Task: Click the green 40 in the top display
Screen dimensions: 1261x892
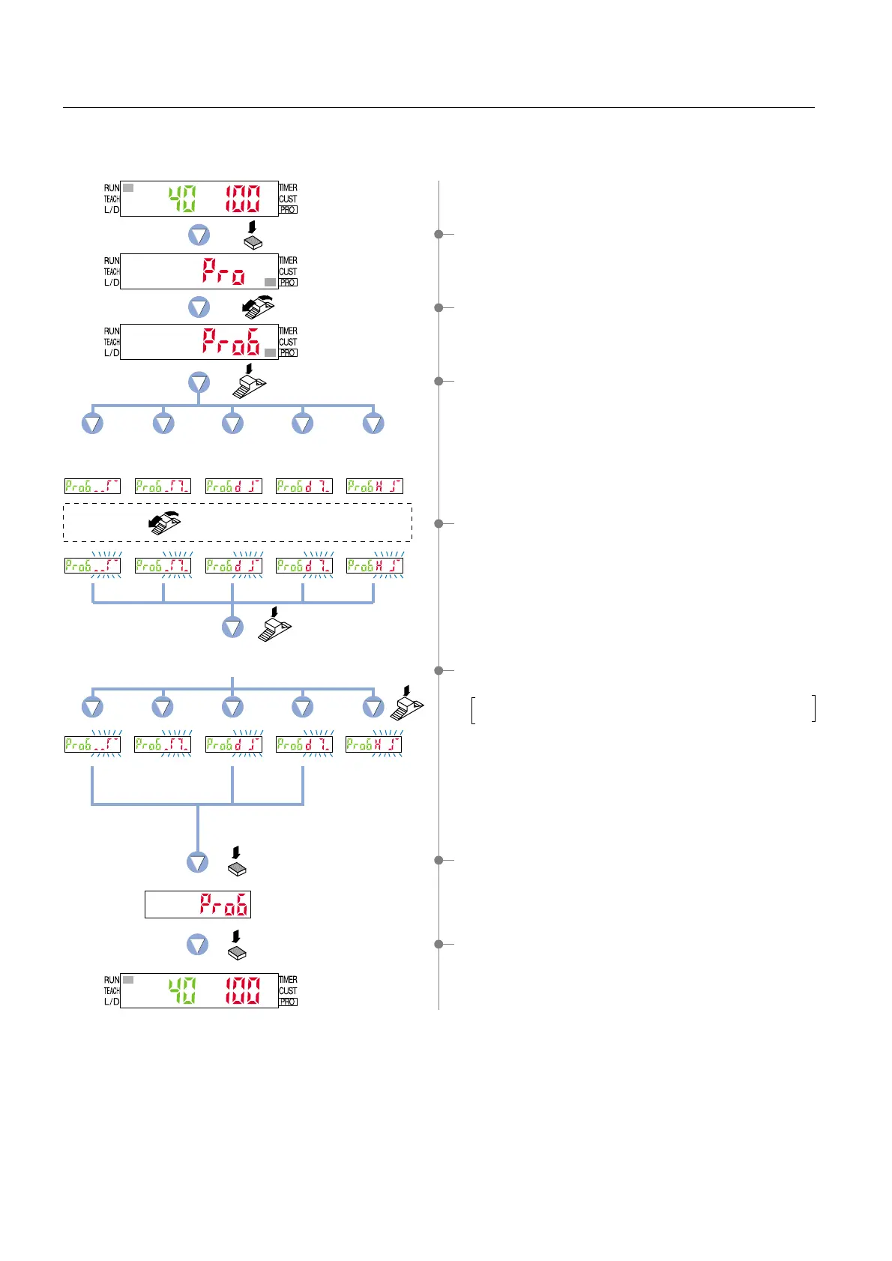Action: tap(181, 199)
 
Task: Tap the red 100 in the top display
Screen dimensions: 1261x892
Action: tap(243, 199)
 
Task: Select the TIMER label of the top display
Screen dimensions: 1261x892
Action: tap(289, 188)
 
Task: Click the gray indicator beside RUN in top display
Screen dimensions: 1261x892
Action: tap(128, 188)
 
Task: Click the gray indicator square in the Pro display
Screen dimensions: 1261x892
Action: tap(270, 282)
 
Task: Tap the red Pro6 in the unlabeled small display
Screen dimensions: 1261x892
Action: tap(223, 905)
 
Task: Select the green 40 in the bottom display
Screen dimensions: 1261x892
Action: tap(181, 991)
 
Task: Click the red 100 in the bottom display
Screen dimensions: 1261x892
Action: tap(243, 991)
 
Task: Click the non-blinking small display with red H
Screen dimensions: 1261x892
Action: tap(375, 487)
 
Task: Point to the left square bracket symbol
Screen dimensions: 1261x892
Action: tap(473, 709)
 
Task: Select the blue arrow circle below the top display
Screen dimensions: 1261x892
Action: tap(199, 236)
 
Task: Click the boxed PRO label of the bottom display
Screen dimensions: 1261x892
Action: tap(288, 1002)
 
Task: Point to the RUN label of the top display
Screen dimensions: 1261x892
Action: tap(112, 188)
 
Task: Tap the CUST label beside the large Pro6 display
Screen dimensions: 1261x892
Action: tap(288, 342)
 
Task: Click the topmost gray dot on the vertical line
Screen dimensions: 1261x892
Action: tap(439, 235)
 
